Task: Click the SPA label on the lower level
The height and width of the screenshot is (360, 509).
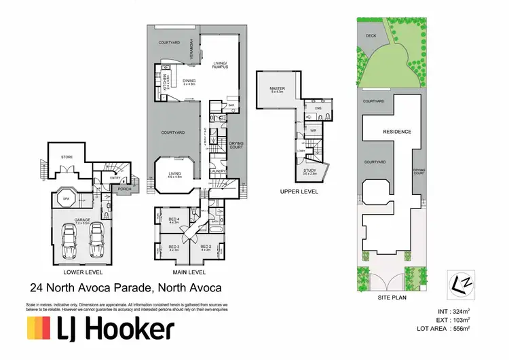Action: tap(67, 199)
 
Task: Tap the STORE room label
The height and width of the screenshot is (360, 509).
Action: tap(67, 157)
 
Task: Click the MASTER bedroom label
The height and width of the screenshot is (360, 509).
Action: tap(277, 88)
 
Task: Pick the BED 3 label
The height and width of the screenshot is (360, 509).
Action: tap(173, 247)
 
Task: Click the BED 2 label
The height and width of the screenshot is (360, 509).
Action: tap(206, 247)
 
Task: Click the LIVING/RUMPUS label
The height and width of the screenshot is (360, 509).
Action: tap(219, 64)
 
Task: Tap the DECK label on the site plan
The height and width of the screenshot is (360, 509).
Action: tap(371, 35)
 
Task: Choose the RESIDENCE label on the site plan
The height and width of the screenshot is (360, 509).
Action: tap(398, 131)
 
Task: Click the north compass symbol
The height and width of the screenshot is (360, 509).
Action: tap(459, 281)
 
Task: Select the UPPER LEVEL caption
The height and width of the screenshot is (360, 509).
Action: tap(299, 192)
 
